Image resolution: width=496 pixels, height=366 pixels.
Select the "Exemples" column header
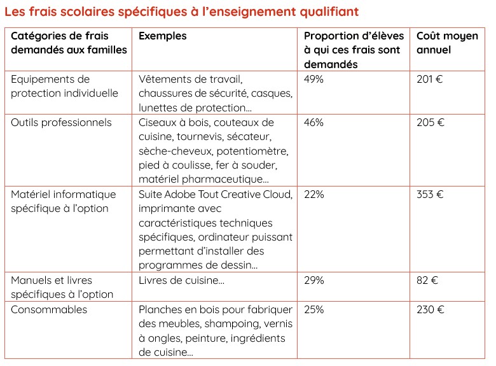point(163,36)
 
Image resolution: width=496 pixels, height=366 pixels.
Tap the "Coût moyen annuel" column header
point(447,43)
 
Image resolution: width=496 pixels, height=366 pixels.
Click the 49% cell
point(314,80)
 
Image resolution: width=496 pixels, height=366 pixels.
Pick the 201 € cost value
point(430,80)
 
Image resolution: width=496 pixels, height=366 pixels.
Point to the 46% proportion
point(314,123)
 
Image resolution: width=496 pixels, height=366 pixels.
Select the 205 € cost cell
point(431,123)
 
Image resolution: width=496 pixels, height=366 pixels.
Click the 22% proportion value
point(314,195)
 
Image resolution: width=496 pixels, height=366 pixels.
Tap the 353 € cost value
point(431,195)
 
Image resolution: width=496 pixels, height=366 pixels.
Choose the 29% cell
point(314,281)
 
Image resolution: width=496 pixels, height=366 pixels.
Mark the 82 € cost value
point(427,281)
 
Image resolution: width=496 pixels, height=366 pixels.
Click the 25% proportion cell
point(314,310)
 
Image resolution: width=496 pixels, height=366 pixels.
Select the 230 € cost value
point(431,310)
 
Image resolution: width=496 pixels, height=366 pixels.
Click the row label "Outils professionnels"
point(61,123)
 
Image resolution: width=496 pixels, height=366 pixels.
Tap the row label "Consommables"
point(49,310)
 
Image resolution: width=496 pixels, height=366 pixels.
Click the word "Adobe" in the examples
point(182,195)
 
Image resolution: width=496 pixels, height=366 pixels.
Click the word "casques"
point(275,94)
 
